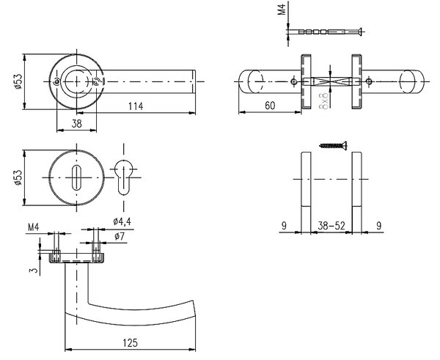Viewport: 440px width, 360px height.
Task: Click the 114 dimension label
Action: point(136,106)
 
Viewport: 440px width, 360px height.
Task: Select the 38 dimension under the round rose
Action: point(76,123)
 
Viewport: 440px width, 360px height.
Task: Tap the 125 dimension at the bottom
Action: point(131,342)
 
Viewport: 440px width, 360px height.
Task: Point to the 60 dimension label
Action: point(270,106)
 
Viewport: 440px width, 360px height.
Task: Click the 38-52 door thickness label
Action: point(331,225)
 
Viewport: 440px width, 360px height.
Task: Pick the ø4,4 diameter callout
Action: point(122,221)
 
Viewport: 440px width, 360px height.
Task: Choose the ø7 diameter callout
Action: point(120,236)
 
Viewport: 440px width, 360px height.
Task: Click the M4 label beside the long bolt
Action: point(282,9)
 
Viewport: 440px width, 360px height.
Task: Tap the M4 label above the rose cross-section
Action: point(34,227)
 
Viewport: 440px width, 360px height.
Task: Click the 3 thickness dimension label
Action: point(34,271)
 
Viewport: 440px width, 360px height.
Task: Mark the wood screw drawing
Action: point(334,145)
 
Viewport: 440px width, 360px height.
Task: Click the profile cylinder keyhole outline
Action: point(123,177)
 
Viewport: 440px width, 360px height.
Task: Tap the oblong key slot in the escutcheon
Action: point(76,177)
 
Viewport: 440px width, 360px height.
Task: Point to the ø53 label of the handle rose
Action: point(18,81)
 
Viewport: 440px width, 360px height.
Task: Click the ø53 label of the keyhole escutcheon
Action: point(18,177)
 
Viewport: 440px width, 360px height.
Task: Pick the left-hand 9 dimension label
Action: point(284,225)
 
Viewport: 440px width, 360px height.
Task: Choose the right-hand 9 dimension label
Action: point(379,225)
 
